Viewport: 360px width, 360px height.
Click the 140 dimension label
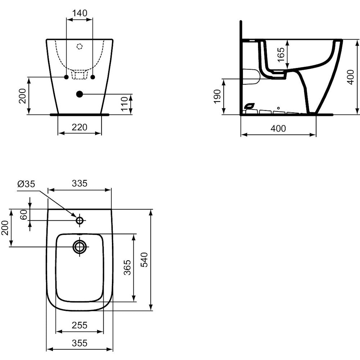tap(80, 13)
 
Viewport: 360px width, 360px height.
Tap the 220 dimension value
tap(80, 127)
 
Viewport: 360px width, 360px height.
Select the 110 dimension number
tap(124, 104)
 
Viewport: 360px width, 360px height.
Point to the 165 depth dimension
tap(281, 55)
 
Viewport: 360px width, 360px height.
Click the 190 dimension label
tap(217, 96)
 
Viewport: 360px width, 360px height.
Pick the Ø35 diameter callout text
tap(26, 184)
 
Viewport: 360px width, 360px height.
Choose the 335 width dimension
tap(80, 184)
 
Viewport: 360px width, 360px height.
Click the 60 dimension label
tap(23, 215)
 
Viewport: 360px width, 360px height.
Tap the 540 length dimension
tap(144, 260)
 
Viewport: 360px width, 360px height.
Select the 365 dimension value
tap(127, 267)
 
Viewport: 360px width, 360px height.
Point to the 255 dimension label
tap(80, 325)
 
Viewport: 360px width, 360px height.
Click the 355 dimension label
tap(80, 343)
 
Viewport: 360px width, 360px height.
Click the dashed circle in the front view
tap(80, 46)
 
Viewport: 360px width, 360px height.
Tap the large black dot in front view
tap(80, 94)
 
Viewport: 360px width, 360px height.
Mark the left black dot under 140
tap(66, 77)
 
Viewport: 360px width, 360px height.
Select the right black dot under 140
tap(93, 77)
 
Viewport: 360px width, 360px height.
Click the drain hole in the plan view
tap(80, 247)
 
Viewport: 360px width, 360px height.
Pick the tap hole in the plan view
tap(80, 220)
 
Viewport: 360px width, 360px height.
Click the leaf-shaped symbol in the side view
tap(249, 106)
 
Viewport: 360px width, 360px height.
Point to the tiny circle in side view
tap(279, 108)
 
